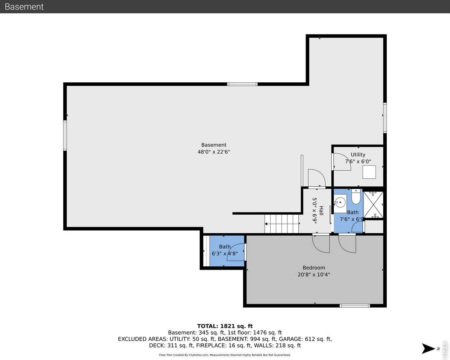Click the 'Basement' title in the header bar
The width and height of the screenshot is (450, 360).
point(24,7)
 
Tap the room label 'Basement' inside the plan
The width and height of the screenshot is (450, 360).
point(214,145)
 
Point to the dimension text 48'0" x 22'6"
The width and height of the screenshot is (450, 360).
point(214,152)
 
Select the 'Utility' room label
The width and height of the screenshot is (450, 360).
point(358,154)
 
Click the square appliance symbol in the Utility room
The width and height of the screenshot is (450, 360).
point(369,172)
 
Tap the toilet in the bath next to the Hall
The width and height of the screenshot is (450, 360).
point(356,197)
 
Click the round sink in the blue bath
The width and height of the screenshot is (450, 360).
point(340,202)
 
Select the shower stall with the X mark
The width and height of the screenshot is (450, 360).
point(373,205)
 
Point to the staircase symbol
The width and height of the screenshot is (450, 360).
point(282,223)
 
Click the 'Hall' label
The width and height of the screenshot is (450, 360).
point(321,211)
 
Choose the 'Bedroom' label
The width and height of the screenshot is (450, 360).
point(314,267)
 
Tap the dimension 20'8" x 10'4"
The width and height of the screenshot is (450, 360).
point(314,275)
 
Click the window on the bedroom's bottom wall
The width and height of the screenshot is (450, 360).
point(354,305)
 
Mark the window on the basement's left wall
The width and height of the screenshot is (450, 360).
point(65,135)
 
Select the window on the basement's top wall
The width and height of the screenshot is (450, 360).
point(242,84)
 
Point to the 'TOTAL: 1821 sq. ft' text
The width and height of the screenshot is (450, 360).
point(225,326)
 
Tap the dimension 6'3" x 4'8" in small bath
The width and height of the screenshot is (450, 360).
point(224,253)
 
